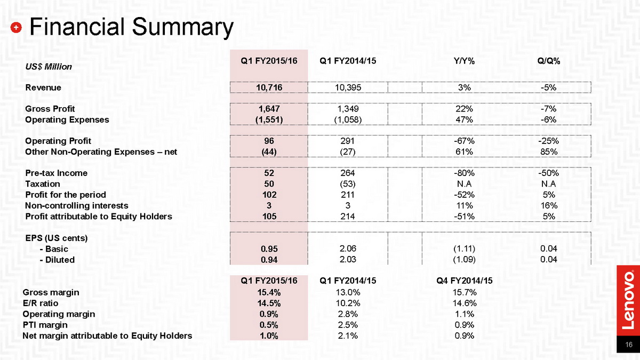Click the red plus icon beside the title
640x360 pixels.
(16, 27)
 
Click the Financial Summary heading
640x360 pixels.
(131, 27)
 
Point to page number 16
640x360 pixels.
(629, 345)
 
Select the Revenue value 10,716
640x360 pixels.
(269, 87)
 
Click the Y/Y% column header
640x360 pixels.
(464, 61)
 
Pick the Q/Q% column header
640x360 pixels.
(549, 61)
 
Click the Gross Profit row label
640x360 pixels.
(50, 109)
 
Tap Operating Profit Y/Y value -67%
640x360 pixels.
(464, 141)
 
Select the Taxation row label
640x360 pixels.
(43, 183)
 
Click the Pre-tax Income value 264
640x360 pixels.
(348, 173)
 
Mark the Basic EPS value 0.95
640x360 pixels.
(269, 249)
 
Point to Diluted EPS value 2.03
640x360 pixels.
(348, 259)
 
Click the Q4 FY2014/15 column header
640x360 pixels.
(465, 281)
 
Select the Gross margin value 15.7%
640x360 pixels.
(465, 292)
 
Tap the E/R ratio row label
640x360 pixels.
(41, 303)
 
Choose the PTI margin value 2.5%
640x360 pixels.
(348, 325)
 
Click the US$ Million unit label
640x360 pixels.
(49, 67)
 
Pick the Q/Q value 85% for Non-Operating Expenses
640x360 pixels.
(549, 151)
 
